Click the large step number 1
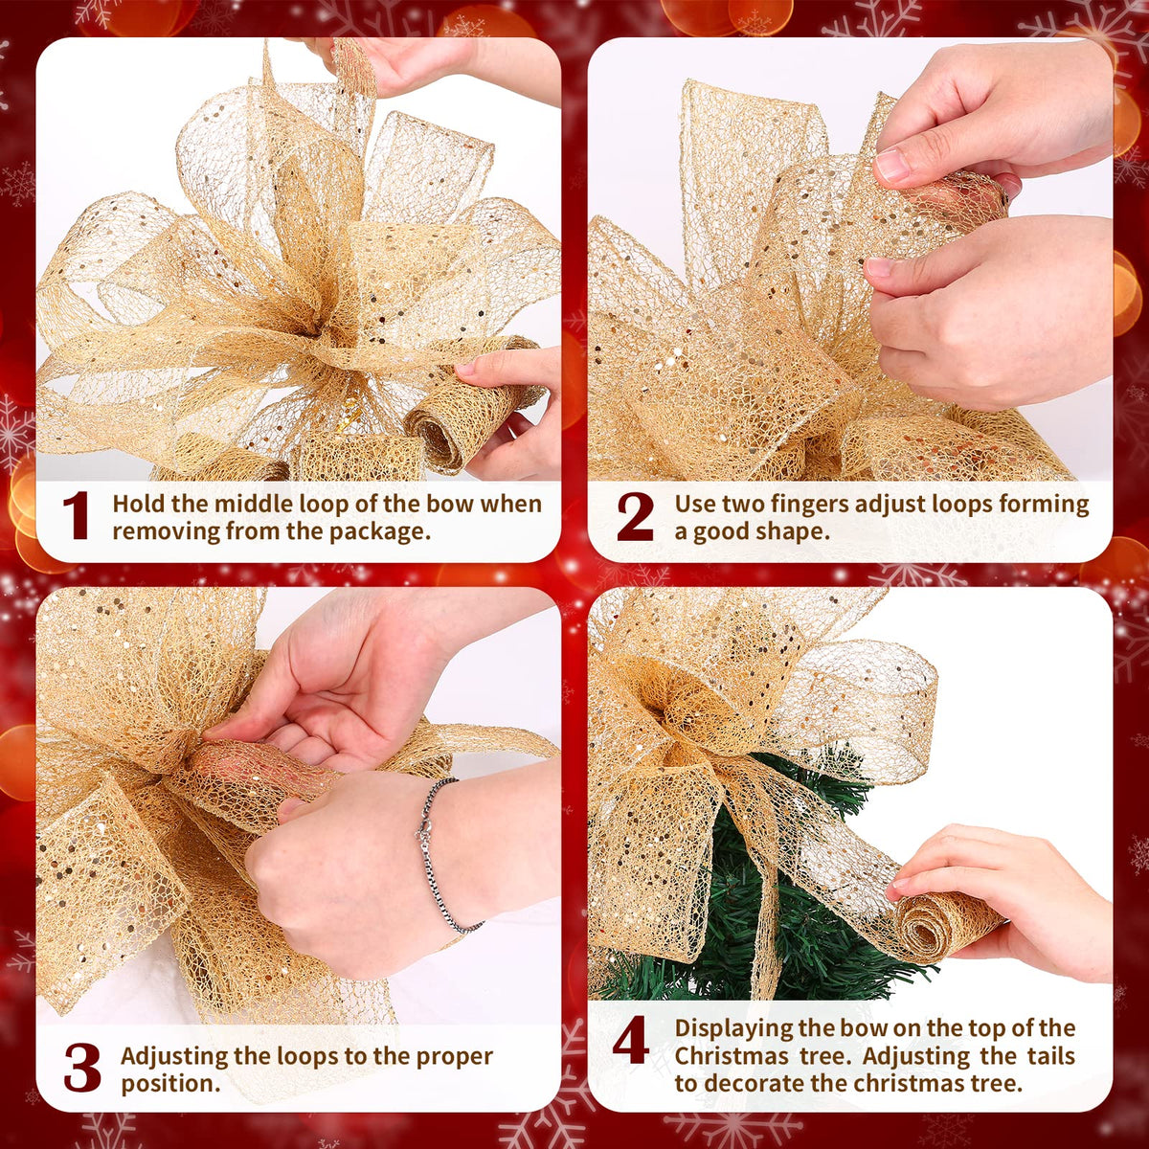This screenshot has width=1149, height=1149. [76, 516]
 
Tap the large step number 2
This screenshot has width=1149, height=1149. [635, 517]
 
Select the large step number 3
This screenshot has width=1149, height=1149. [81, 1068]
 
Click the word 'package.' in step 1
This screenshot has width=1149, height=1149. [380, 531]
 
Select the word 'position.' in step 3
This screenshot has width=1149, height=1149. [170, 1083]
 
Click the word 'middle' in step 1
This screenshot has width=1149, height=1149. [253, 504]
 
